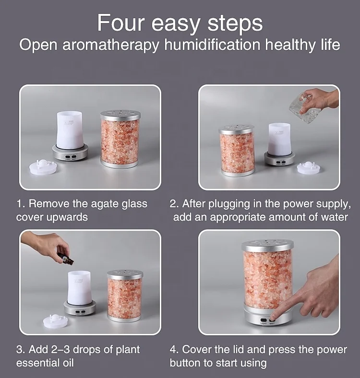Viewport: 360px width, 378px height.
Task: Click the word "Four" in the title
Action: tap(121, 23)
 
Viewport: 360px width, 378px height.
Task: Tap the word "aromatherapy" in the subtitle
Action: tap(111, 45)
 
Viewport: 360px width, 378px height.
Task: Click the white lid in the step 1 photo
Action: tap(43, 166)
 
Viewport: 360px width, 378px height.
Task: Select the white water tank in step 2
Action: tap(280, 139)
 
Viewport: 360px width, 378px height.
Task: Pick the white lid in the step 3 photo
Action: tap(56, 321)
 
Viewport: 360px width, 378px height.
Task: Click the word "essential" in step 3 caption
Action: tap(37, 363)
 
